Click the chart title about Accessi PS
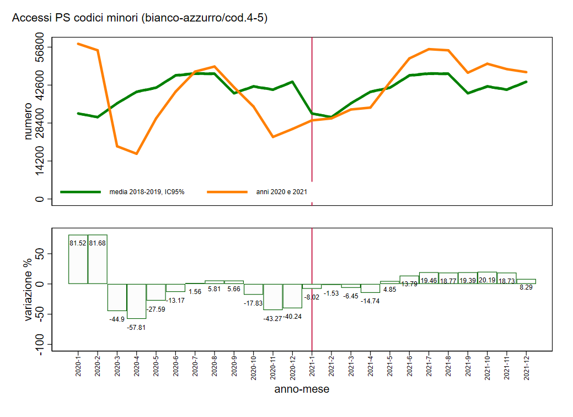click(140, 18)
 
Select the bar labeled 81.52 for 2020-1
click(78, 259)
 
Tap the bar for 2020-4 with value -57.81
click(137, 301)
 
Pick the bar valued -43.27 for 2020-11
click(273, 297)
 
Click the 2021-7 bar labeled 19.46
click(429, 277)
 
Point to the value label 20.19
click(487, 280)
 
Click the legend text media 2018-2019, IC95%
click(147, 192)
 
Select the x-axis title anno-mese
click(302, 389)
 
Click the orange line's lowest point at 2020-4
click(137, 153)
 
